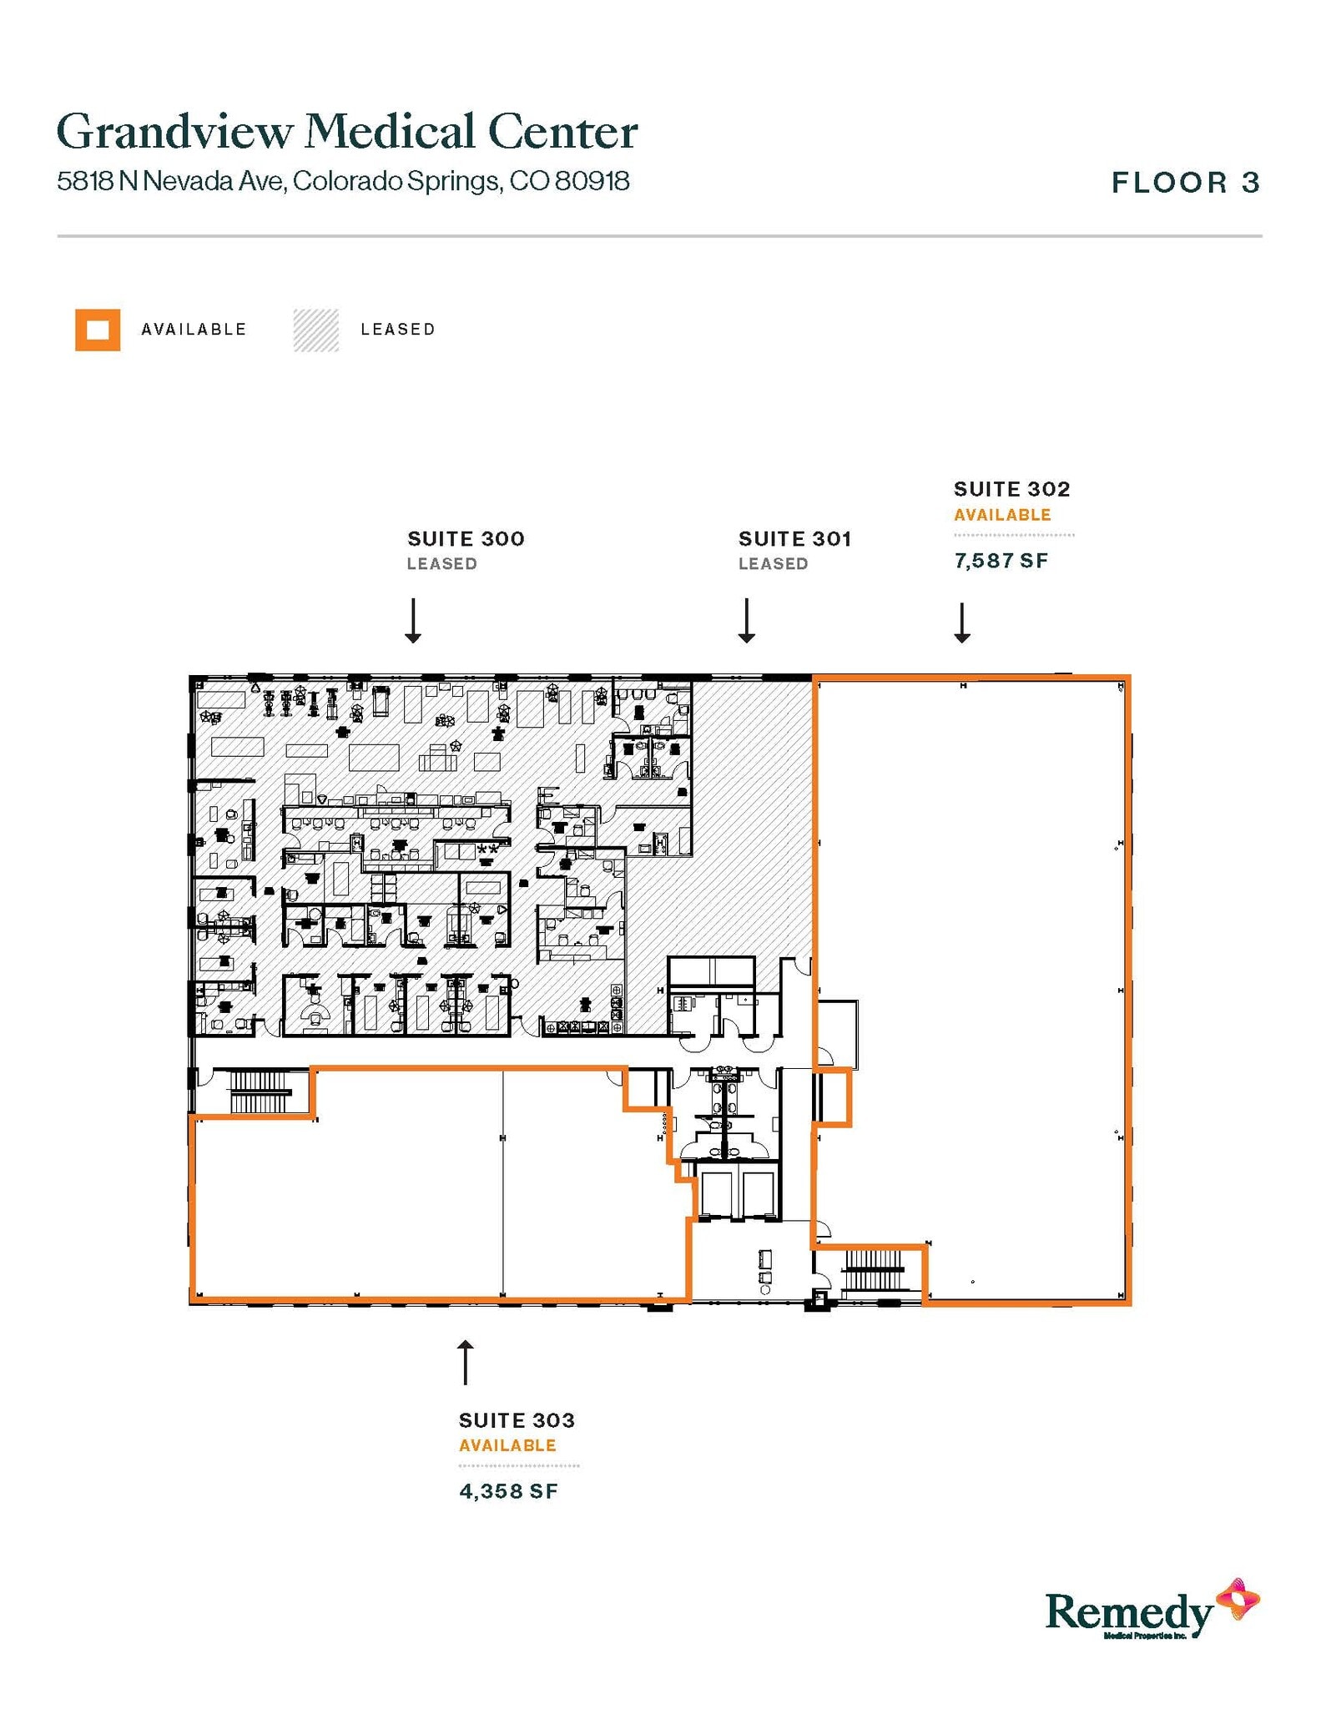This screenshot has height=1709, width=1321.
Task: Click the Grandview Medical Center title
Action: [346, 132]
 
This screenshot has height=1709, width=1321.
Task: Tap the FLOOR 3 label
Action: [1185, 183]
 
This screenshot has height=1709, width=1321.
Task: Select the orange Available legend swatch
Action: [98, 330]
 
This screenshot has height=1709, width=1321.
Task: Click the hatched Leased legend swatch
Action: [316, 330]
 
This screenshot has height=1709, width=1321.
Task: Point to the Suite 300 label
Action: [466, 539]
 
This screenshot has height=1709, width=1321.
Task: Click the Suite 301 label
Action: [794, 539]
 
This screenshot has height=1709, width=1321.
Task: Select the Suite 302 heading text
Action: [1011, 489]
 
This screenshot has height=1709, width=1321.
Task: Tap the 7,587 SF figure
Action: [1001, 561]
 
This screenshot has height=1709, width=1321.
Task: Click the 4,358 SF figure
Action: [508, 1491]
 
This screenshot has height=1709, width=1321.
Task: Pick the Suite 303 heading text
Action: [517, 1420]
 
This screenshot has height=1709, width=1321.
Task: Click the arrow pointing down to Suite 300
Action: [413, 620]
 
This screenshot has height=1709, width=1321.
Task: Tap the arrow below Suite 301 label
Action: [747, 620]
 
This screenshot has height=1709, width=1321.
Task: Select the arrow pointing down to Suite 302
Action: [962, 623]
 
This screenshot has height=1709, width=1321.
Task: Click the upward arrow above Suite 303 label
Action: [466, 1362]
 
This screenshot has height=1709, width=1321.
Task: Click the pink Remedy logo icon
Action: [1238, 1599]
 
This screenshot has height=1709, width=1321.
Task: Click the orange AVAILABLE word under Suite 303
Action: [507, 1445]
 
